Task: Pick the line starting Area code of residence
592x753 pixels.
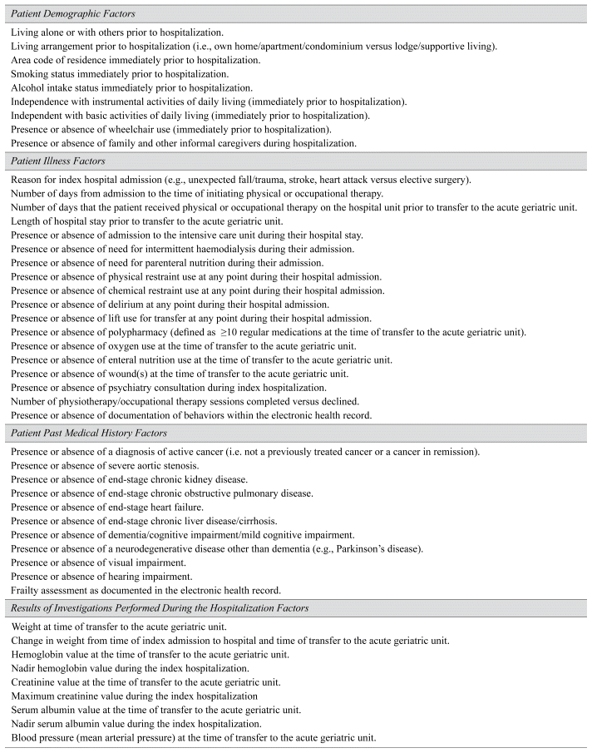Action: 136,60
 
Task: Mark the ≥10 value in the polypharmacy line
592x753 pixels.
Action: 226,331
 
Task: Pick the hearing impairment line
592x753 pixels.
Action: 103,576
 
